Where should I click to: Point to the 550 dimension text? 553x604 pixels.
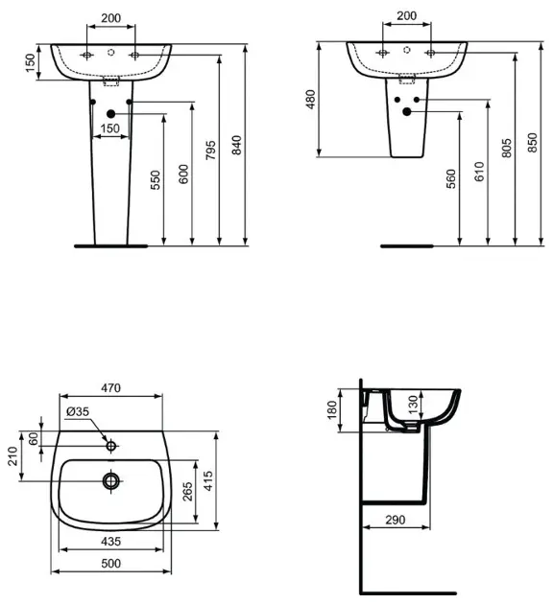point(156,179)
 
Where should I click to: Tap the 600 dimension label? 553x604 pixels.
point(183,173)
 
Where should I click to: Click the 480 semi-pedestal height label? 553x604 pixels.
point(311,100)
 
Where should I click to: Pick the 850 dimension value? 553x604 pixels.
point(535,146)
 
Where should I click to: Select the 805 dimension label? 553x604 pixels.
point(508,148)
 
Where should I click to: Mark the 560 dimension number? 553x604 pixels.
point(451,179)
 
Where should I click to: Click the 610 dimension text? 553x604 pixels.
point(479,173)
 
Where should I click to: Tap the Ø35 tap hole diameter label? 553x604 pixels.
point(78,412)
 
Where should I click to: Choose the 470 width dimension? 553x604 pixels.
point(110,388)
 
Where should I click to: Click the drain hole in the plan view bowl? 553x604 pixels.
point(111,477)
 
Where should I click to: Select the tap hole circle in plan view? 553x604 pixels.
point(111,446)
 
